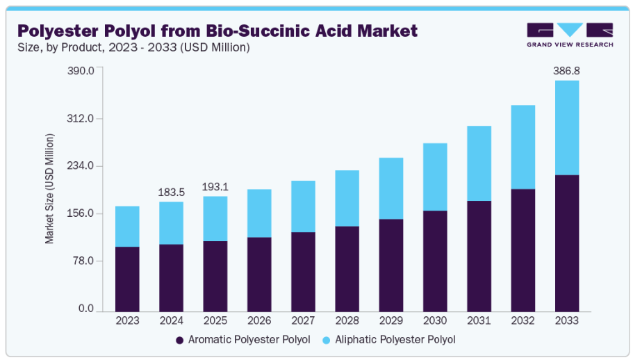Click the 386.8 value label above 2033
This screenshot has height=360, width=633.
click(x=566, y=70)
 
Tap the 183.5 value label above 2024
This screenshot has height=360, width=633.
click(x=171, y=192)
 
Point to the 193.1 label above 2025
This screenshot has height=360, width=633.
click(x=215, y=186)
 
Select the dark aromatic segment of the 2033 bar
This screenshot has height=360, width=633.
click(x=567, y=243)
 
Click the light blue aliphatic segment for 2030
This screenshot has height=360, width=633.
click(x=435, y=177)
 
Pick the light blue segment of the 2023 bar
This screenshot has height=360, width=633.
click(x=127, y=227)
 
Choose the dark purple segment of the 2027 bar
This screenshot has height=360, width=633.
click(x=303, y=272)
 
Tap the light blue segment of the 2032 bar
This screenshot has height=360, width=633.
click(x=523, y=147)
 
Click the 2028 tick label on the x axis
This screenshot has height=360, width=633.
click(x=347, y=320)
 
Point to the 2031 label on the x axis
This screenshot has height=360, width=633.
click(x=479, y=320)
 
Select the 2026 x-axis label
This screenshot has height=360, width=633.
click(x=259, y=320)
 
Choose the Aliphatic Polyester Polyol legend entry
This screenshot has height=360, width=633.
click(x=388, y=340)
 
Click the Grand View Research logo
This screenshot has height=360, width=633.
click(x=569, y=35)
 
